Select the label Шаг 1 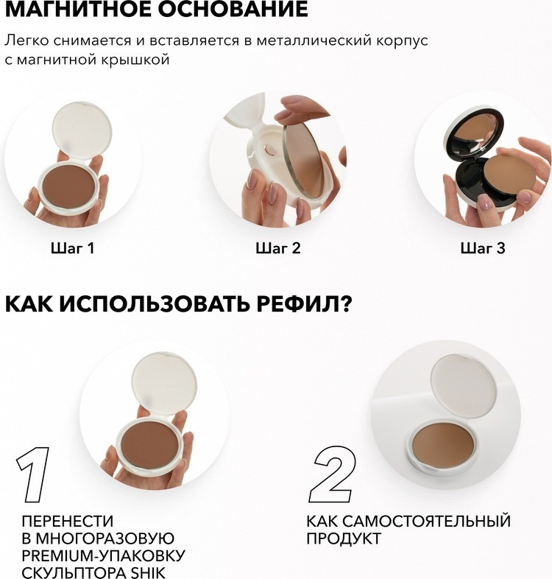(73, 248)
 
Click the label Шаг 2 (278, 248)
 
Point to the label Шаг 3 (483, 248)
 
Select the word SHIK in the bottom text (149, 572)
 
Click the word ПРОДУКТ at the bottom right (344, 538)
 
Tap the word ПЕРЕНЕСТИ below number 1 (68, 521)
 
